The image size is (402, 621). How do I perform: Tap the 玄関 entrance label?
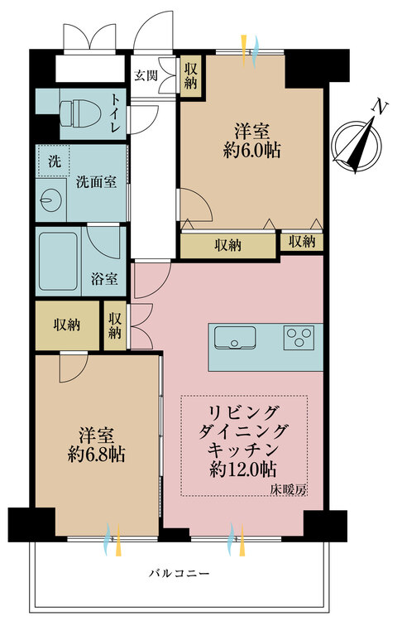(x=146, y=75)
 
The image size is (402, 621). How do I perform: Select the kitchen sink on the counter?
(x=235, y=337)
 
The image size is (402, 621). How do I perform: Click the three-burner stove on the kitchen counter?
(x=299, y=337)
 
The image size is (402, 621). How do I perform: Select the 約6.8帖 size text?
(x=97, y=454)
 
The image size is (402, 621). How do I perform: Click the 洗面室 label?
(x=96, y=181)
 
